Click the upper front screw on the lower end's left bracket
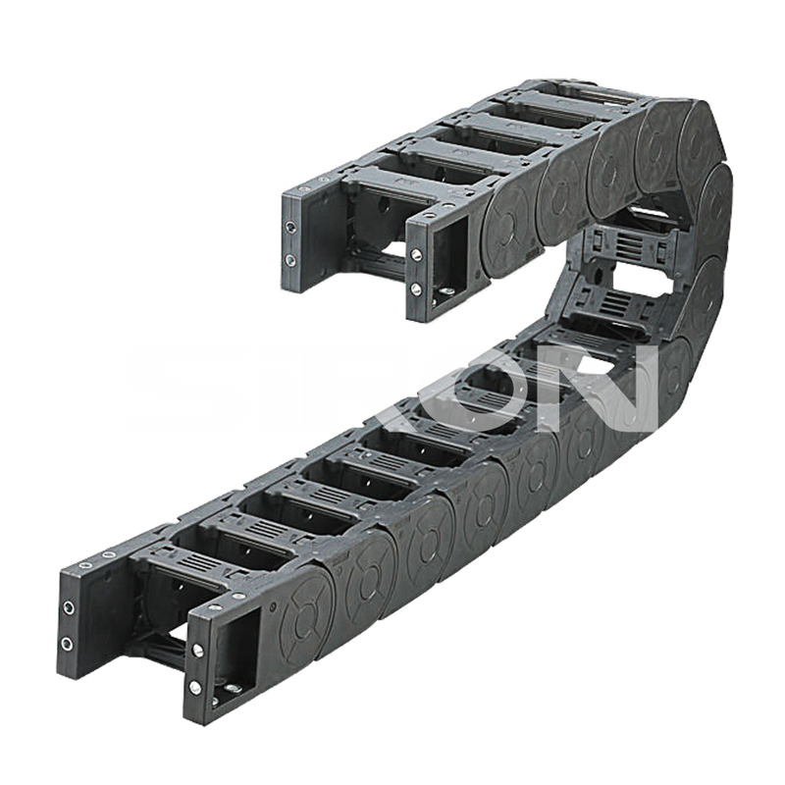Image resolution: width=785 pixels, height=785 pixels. (69, 607)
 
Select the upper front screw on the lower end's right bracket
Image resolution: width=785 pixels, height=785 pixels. (198, 651)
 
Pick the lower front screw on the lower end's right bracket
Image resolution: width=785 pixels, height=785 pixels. (195, 687)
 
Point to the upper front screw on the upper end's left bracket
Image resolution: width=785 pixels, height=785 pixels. (290, 228)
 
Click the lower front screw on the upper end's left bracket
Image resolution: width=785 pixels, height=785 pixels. (289, 260)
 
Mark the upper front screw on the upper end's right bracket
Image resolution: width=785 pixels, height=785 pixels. (416, 255)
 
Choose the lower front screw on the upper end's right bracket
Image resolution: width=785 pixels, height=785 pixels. (415, 288)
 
